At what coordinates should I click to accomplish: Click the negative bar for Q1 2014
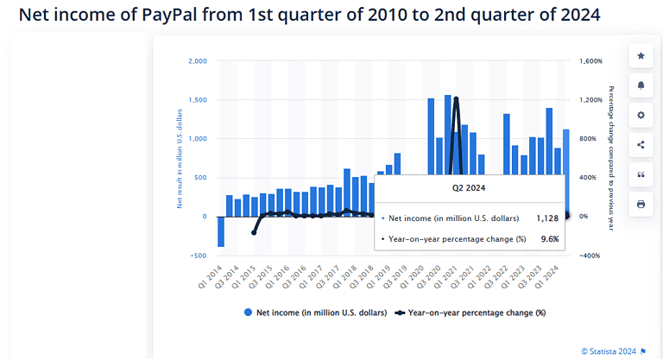tap(221, 231)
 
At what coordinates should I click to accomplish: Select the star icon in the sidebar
tap(641, 56)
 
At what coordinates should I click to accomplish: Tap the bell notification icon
tap(641, 85)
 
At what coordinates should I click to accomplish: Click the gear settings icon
tap(641, 115)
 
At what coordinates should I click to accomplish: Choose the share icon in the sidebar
tap(641, 144)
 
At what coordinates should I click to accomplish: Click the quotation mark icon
tap(641, 174)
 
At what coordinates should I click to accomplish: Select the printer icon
tap(641, 204)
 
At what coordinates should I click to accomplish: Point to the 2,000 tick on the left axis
tap(197, 61)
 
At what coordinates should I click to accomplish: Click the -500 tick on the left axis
tap(198, 256)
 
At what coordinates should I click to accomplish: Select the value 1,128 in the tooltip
tap(547, 218)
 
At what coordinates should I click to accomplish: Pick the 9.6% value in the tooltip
tap(549, 239)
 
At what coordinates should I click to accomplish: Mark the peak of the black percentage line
tap(455, 98)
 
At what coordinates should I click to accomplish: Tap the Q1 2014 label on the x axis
tap(210, 275)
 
